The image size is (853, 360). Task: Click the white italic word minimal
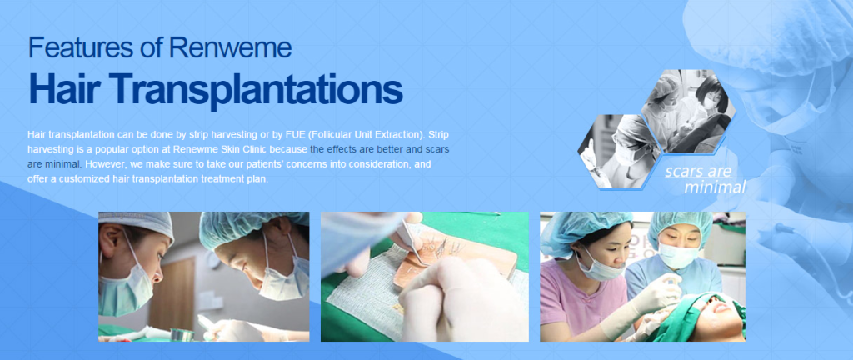(714, 187)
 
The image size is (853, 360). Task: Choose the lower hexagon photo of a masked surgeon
(618, 150)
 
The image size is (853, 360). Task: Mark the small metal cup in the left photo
(179, 334)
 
